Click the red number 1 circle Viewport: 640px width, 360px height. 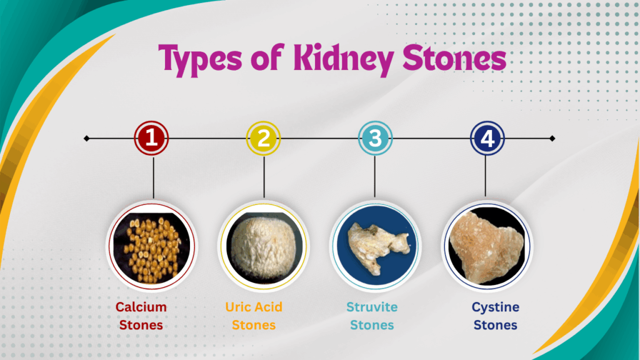coord(152,138)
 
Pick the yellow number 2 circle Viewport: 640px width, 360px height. coord(264,138)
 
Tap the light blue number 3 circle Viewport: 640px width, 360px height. coord(375,138)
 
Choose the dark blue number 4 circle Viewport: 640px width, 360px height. coord(486,138)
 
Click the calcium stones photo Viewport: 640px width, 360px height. coord(152,246)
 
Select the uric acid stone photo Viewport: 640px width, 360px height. coord(264,246)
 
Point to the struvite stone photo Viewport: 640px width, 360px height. coord(375,246)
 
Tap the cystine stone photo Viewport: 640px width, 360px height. coord(486,246)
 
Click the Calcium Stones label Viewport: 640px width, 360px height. coord(141,316)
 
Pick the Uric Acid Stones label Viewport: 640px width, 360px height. coord(254,316)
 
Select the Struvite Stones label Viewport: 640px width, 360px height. coord(372,316)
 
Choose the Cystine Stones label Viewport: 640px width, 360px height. coord(495,316)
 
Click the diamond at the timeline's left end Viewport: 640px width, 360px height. coord(86,138)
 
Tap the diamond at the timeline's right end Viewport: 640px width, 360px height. coord(552,138)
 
